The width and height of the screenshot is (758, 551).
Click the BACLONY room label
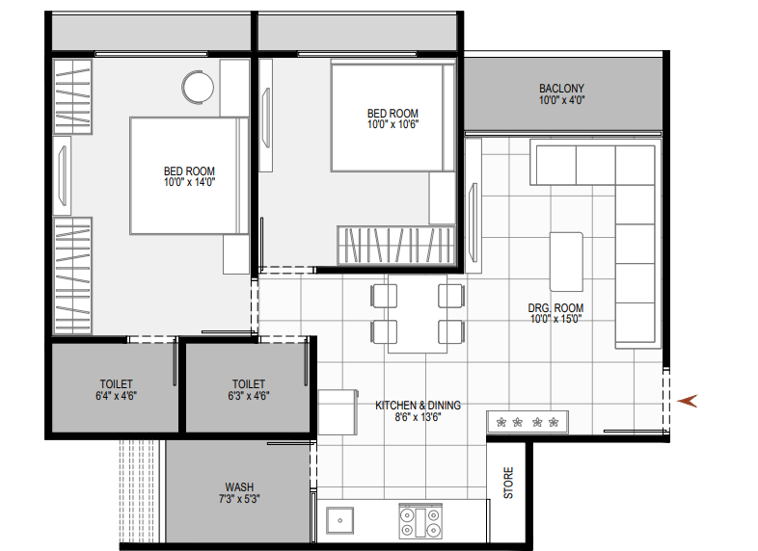tap(561, 89)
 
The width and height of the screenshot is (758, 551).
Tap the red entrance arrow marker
tap(688, 401)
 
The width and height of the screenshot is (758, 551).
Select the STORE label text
tap(508, 483)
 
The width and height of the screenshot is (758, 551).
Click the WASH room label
tap(239, 486)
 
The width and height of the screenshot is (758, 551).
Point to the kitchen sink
tap(339, 520)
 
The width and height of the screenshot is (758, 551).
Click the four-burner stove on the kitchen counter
tap(420, 521)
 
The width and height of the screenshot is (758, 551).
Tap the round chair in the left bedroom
tap(198, 88)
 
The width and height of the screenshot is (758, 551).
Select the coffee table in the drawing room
tap(566, 262)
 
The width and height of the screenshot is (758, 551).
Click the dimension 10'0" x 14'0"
tap(189, 182)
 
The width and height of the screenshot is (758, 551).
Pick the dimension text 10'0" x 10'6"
tap(393, 124)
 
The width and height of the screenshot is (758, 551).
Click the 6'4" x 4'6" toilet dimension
tap(116, 396)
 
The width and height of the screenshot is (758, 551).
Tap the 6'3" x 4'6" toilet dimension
tap(249, 396)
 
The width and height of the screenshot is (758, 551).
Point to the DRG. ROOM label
tap(555, 307)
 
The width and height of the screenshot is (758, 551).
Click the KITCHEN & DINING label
tap(418, 406)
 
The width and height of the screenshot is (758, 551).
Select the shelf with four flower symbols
tap(528, 423)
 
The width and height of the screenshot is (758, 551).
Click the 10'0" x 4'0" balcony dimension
tap(561, 100)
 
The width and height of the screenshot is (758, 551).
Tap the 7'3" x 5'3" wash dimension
tap(239, 498)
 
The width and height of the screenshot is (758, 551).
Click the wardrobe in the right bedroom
tap(396, 245)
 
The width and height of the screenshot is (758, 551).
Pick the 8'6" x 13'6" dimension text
tap(418, 417)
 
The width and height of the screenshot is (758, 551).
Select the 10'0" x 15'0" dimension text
tap(555, 319)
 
